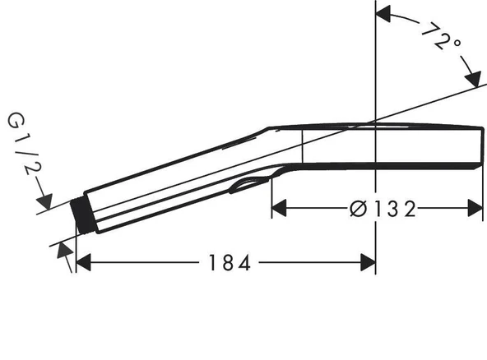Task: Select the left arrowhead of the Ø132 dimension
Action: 280,208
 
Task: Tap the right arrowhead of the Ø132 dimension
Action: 475,208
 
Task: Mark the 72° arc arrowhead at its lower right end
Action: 472,79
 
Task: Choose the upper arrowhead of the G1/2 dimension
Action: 46,201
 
